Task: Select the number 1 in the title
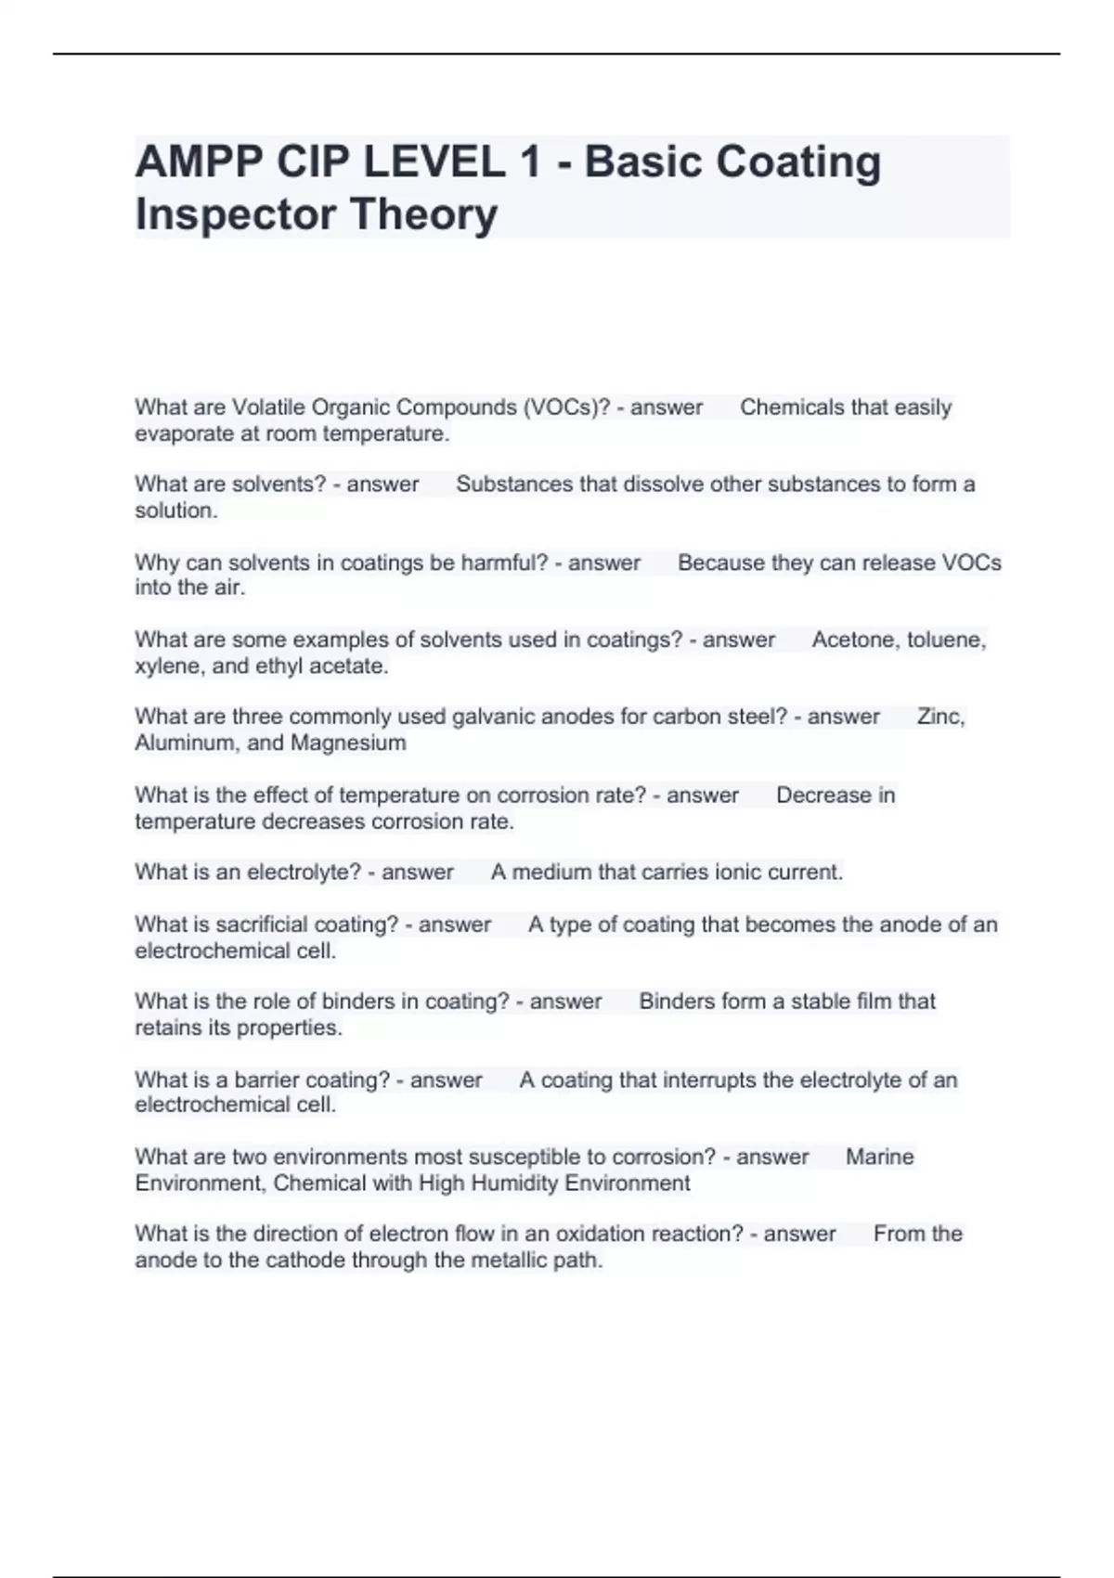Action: [530, 162]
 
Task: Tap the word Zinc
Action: [940, 717]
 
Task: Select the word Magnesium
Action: [348, 743]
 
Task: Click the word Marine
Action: [879, 1157]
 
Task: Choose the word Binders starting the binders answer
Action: [674, 1002]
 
